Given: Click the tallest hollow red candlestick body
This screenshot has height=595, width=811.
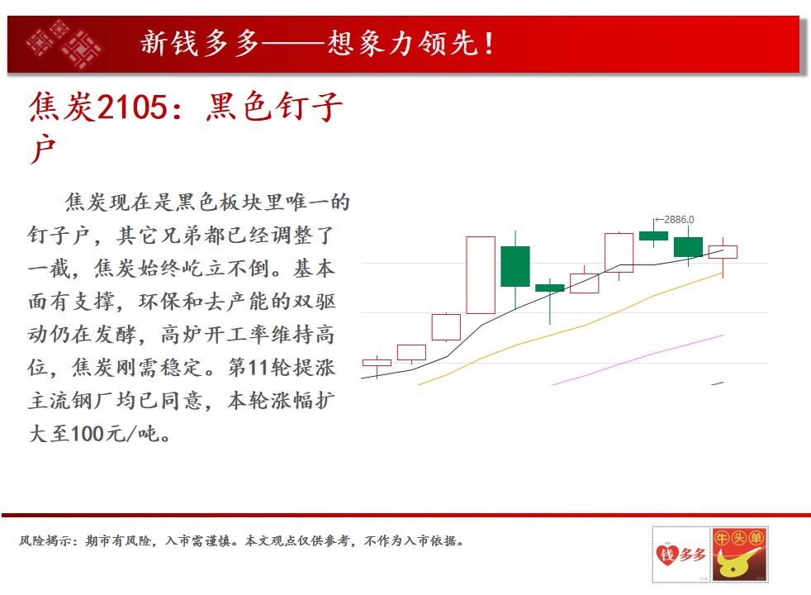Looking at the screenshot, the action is [481, 274].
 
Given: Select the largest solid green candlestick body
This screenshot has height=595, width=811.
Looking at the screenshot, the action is [515, 266].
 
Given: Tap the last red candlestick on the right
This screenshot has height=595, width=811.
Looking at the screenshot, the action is [723, 252].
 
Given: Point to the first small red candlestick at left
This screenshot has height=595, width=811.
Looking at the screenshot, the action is [377, 363].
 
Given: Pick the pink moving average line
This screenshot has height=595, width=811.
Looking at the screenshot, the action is [638, 360].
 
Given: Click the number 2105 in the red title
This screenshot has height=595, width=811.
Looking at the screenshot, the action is [132, 107].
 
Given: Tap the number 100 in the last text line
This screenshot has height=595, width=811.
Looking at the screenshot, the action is [87, 434].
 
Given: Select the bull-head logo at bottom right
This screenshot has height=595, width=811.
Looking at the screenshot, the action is [739, 555].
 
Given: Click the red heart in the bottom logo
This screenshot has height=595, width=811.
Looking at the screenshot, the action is [667, 555].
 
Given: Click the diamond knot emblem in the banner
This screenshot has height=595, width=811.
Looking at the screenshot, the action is [64, 45].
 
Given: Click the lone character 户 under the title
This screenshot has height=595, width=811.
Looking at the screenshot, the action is [42, 149].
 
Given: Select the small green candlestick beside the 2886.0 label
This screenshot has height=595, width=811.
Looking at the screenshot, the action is [653, 236].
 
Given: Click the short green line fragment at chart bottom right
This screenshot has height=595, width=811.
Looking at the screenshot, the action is [718, 383].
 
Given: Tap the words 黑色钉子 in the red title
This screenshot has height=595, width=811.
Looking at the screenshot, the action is [273, 107].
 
